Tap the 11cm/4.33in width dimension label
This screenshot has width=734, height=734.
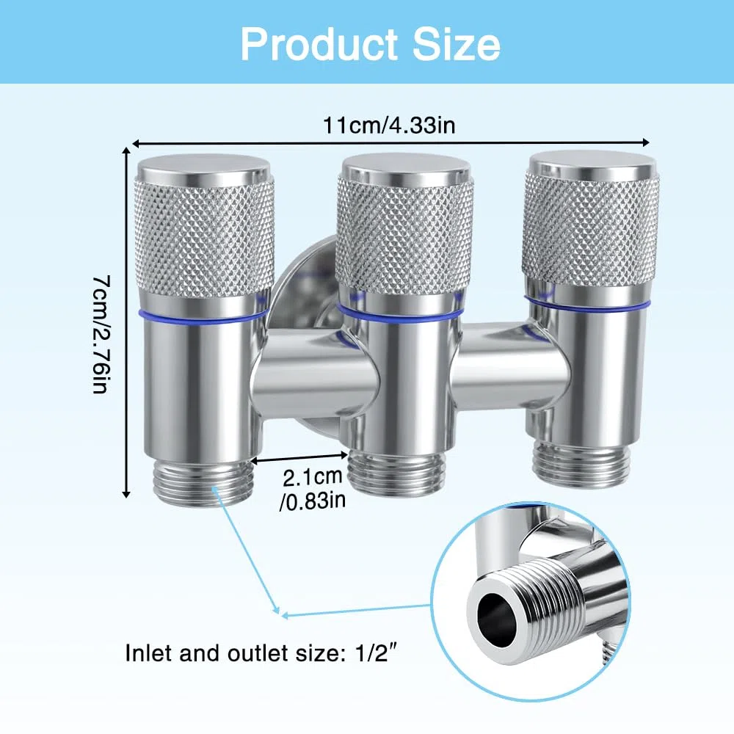tap(390, 126)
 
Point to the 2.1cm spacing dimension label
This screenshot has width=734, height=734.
tap(312, 476)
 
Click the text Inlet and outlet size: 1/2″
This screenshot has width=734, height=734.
tap(264, 653)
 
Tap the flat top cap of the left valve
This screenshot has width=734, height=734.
tap(203, 169)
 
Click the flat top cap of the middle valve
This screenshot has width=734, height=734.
tap(405, 170)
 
